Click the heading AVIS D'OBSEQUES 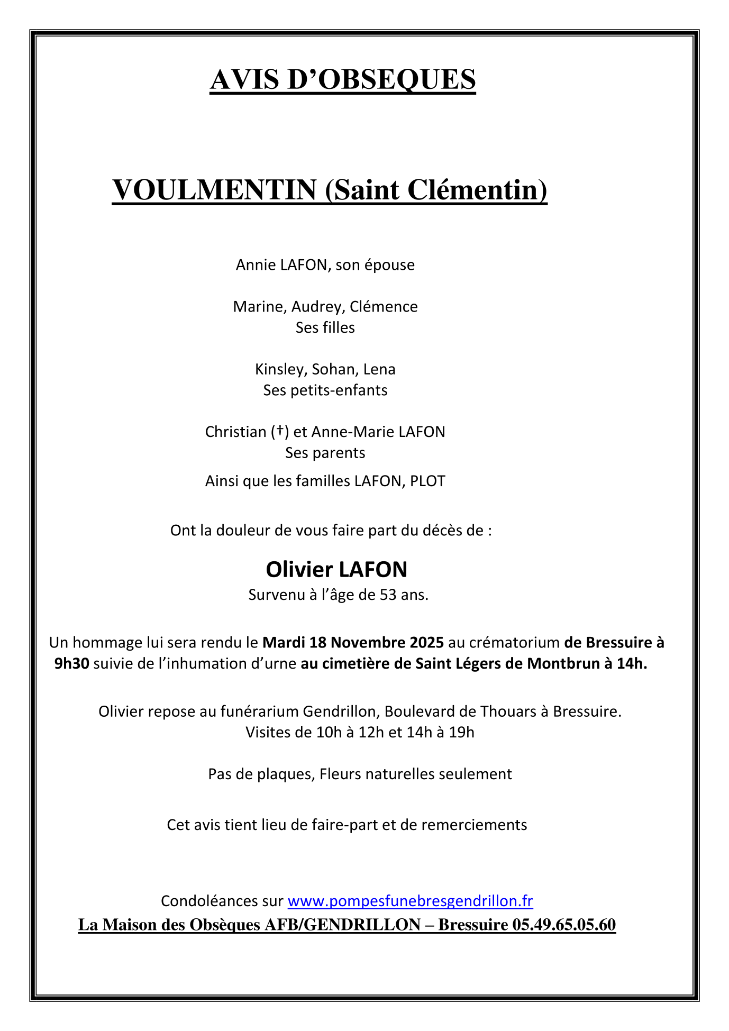343,80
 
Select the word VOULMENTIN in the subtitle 214,190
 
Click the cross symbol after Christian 279,432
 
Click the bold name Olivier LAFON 336,570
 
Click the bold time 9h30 71,663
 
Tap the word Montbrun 561,663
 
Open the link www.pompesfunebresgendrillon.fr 410,901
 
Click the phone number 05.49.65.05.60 564,925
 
